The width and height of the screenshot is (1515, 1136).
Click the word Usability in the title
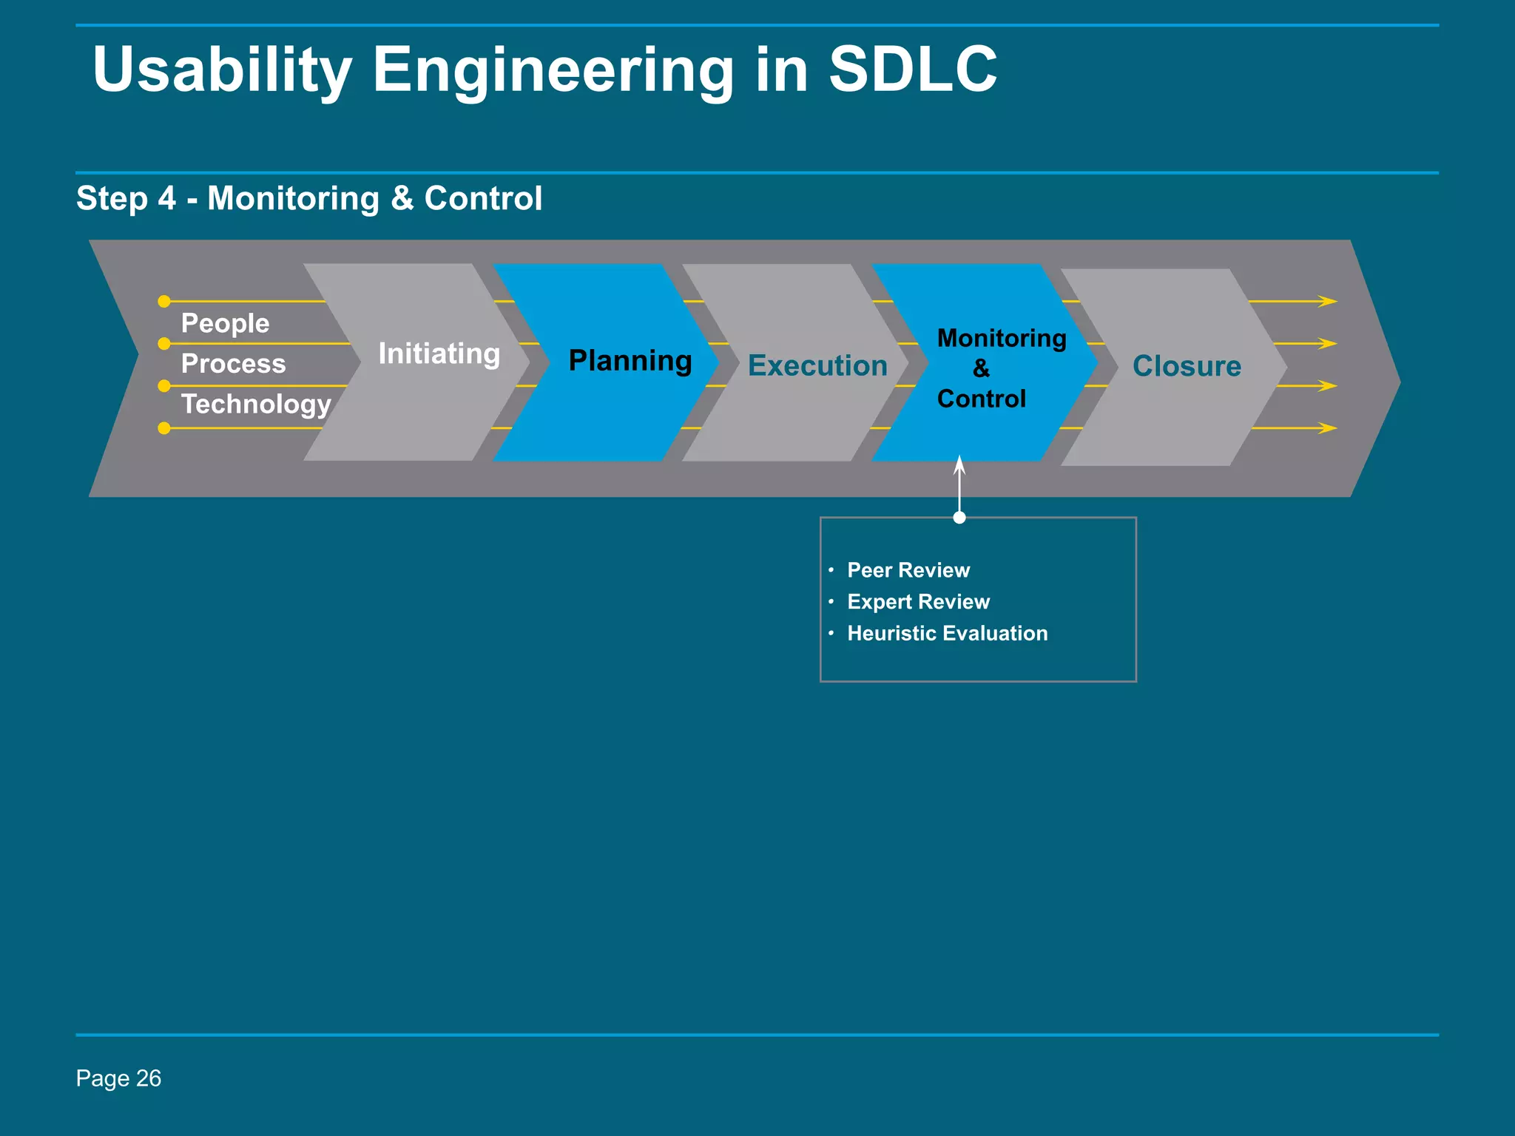coord(222,70)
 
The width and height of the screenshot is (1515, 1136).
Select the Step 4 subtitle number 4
coord(166,198)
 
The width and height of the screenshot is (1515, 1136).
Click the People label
coord(225,323)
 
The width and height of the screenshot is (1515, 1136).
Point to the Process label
coord(233,364)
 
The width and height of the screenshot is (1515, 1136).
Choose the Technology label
coord(256,404)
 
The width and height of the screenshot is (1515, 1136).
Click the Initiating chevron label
coord(439,354)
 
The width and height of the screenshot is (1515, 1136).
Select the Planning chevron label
coord(630,361)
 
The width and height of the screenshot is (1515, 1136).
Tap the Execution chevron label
coord(817,366)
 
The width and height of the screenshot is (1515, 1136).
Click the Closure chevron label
coord(1187,366)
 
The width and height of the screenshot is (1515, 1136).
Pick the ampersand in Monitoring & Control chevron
coord(981,368)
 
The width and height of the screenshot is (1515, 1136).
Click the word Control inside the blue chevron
coord(981,399)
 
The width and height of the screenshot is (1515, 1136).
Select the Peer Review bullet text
coord(908,570)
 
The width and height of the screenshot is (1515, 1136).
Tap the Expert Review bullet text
coord(918,602)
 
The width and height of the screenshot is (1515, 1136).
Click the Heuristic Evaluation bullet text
coord(947,633)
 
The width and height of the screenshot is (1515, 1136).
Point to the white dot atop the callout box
coord(959,518)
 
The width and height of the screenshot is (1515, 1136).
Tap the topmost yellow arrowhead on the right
coord(1328,301)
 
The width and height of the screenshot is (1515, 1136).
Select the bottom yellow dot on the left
coord(164,428)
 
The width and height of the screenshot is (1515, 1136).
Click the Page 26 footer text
coord(118,1078)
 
